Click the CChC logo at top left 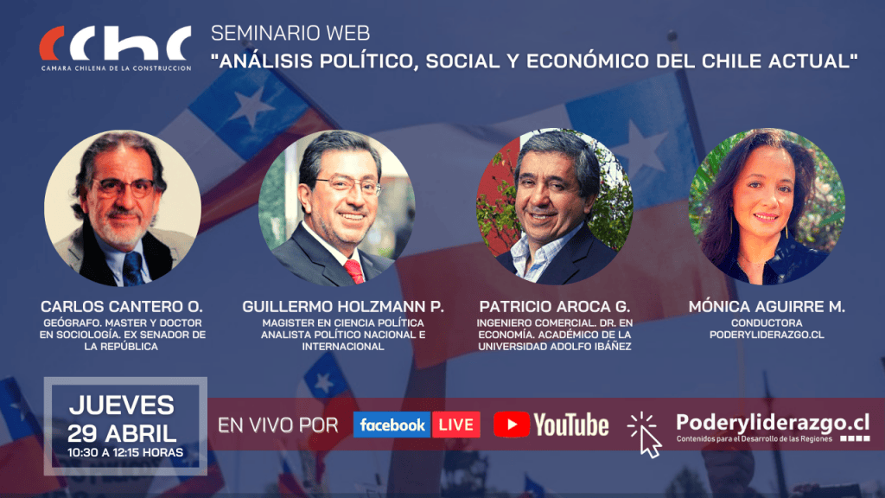coord(115,48)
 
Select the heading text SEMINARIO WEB coord(290,34)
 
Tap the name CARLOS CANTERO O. coord(121,307)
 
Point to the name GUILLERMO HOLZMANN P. coord(342,307)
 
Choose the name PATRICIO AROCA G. coord(554,307)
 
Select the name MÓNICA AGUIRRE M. coord(767,307)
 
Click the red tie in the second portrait coord(354,271)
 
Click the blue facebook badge coord(392,425)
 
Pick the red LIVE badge coord(456,425)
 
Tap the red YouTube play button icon coord(512,425)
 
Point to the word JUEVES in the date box coord(121,405)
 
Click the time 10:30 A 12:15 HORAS coord(125,452)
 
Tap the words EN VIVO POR coord(277,425)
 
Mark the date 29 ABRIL coord(122,433)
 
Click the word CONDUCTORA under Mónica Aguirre coord(767,323)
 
